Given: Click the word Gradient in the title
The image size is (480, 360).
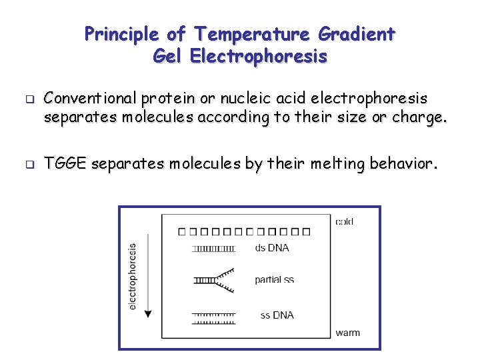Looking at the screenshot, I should click(x=357, y=33).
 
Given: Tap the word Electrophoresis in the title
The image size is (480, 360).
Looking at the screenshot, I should click(x=258, y=56).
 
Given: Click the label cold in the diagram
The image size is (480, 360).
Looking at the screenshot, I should click(x=345, y=222).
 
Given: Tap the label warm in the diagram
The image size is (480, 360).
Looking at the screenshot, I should click(x=347, y=333).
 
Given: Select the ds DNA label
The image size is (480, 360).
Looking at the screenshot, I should click(x=272, y=248).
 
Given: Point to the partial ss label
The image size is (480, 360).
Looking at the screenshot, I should click(x=273, y=280).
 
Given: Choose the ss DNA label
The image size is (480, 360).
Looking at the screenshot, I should click(x=277, y=315).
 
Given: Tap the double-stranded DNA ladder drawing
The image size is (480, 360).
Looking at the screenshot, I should click(x=213, y=249).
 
